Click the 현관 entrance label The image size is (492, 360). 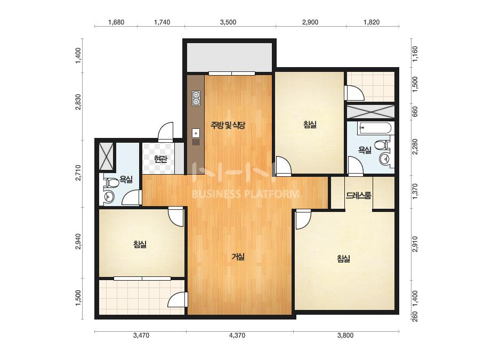coord(160,160)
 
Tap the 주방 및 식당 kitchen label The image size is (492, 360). coord(228,126)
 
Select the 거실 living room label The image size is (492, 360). coord(238,257)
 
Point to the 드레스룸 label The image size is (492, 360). coord(359,195)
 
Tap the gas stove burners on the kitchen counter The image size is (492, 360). coord(196,98)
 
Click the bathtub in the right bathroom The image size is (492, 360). coord(375,128)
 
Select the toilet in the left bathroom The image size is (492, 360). coord(109,183)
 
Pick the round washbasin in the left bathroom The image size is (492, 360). coord(109,197)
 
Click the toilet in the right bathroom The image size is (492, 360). coord(383,145)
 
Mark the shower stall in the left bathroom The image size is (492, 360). coord(106,156)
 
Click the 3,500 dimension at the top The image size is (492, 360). coord(228,22)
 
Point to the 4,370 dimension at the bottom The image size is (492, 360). coord(237,336)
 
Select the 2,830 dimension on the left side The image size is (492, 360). coord(78,102)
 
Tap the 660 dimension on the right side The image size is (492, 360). coord(415,111)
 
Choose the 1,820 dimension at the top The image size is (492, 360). coord(372,22)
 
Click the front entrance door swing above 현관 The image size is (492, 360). coord(165,132)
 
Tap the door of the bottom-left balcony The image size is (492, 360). coord(178,300)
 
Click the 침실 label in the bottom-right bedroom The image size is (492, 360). coord(343,259)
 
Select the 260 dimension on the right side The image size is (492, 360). coord(415,316)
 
